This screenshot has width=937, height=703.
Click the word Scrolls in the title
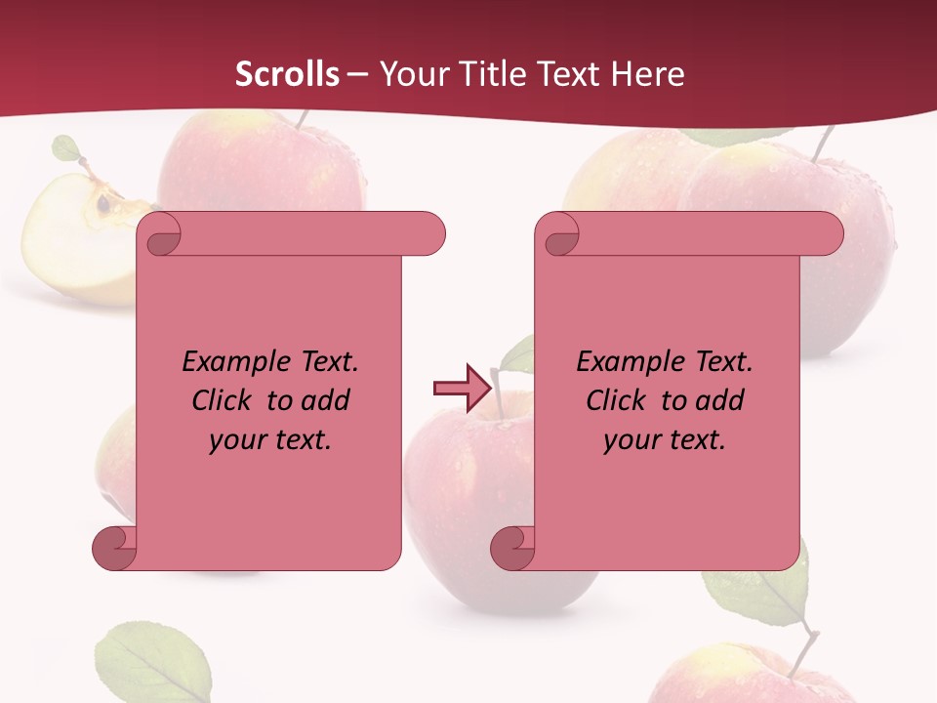coord(287,74)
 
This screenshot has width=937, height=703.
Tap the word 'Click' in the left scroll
coord(225,400)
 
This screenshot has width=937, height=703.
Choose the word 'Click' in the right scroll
coord(620,400)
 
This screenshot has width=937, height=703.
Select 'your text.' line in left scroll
coord(270,439)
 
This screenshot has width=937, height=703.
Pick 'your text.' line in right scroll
coord(665,439)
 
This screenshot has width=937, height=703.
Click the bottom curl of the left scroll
coord(114,549)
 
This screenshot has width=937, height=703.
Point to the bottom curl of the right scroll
coord(512,549)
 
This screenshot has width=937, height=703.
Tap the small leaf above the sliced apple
coord(66,148)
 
